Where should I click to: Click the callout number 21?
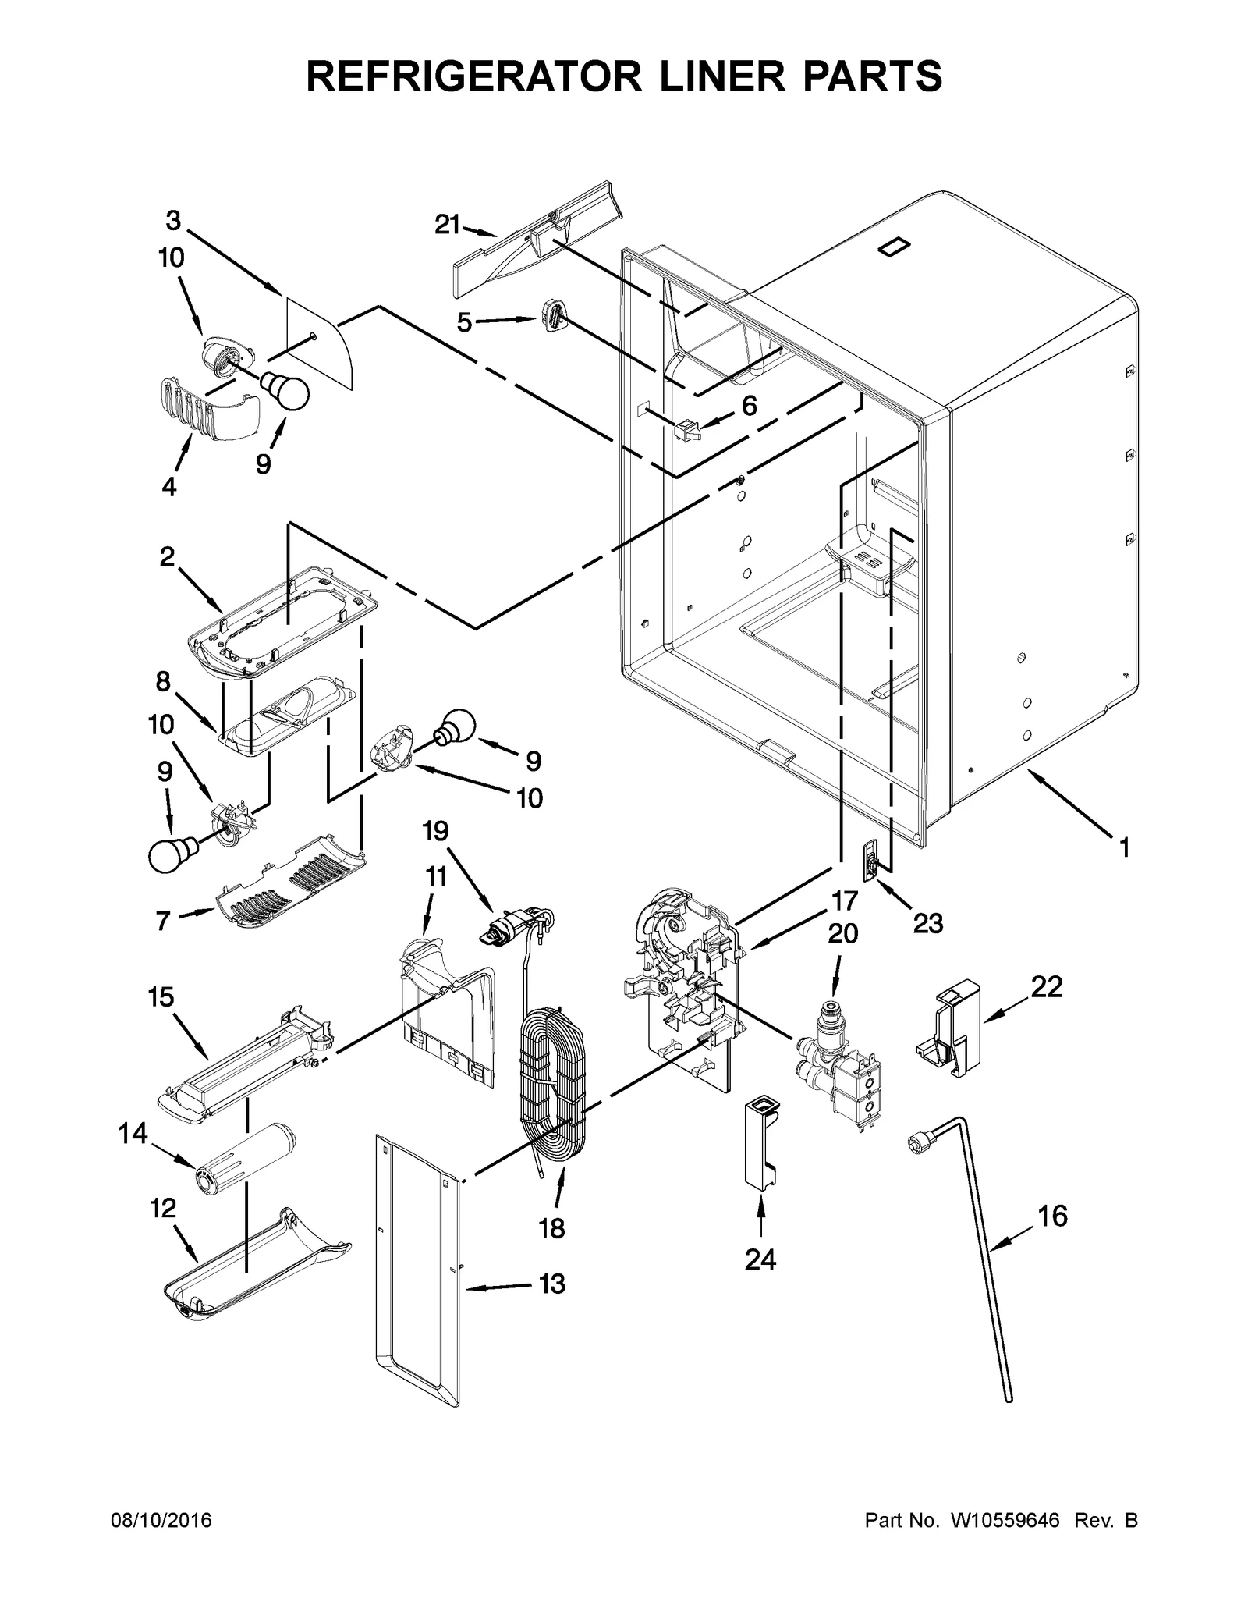(x=447, y=225)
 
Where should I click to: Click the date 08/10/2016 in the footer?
(x=162, y=1521)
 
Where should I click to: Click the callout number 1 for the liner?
(x=1124, y=847)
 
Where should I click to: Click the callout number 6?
(x=749, y=406)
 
